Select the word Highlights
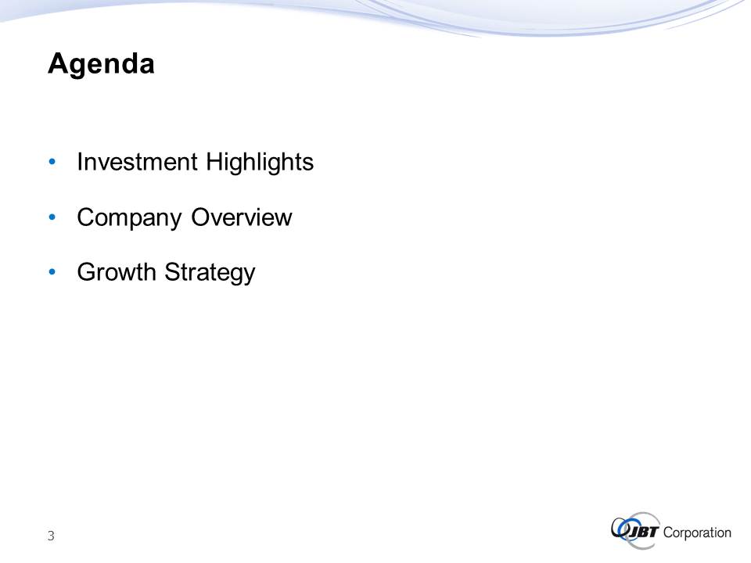pyautogui.click(x=260, y=163)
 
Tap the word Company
pyautogui.click(x=129, y=219)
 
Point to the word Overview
pyautogui.click(x=242, y=217)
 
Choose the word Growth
pyautogui.click(x=117, y=272)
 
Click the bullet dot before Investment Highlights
pyautogui.click(x=52, y=162)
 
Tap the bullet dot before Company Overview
pyautogui.click(x=52, y=217)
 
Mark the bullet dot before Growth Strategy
pyautogui.click(x=52, y=272)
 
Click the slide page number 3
pyautogui.click(x=51, y=536)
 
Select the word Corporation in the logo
pyautogui.click(x=697, y=533)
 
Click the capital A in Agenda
pyautogui.click(x=58, y=63)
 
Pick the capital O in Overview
pyautogui.click(x=201, y=217)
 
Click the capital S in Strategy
pyautogui.click(x=172, y=272)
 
